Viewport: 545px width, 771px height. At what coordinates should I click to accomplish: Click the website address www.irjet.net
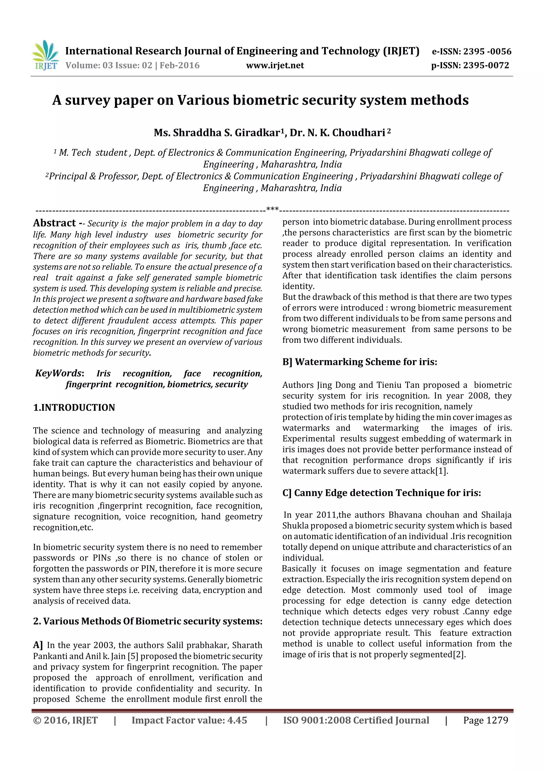tap(275, 65)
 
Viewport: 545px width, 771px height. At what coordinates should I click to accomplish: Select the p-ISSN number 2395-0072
tap(486, 65)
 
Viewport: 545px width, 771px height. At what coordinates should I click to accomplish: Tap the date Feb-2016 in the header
tap(179, 65)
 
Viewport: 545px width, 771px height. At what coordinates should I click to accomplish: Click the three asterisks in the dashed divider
tap(272, 209)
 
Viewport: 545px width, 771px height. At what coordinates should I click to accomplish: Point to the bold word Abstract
tap(54, 223)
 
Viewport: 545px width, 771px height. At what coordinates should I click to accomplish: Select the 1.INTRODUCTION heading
tap(74, 408)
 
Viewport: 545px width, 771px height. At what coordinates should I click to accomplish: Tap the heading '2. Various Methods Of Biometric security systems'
tap(147, 621)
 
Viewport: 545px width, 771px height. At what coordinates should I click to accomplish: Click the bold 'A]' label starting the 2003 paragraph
tap(38, 645)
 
